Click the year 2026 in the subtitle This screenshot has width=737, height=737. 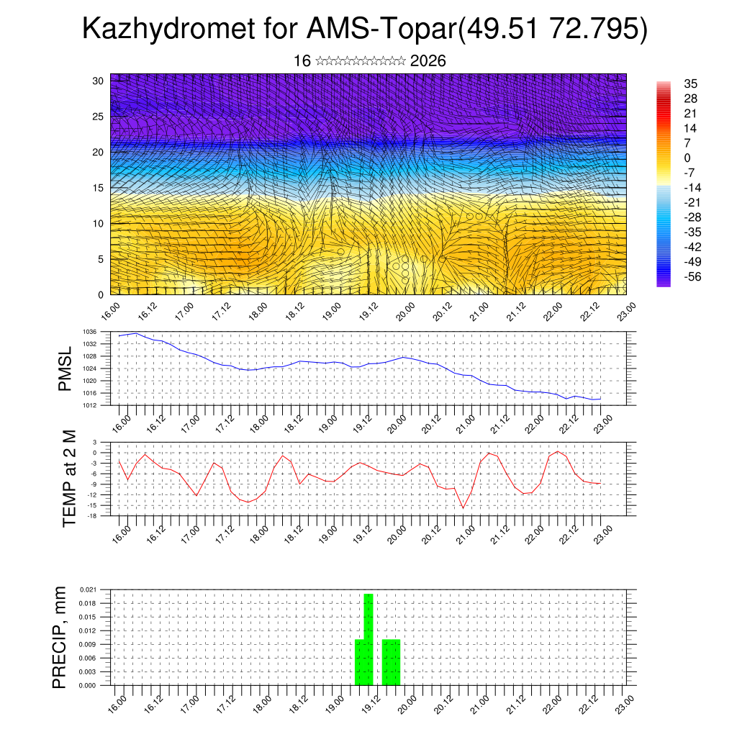coord(428,61)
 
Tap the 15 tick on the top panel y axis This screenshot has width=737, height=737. coord(99,188)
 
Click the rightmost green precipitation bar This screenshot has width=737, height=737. coord(392,662)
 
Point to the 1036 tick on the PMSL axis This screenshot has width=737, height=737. coord(89,332)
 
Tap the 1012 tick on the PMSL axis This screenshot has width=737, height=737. coord(89,405)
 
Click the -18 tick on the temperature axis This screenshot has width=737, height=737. coord(92,516)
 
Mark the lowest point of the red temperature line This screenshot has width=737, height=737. coord(464,507)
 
